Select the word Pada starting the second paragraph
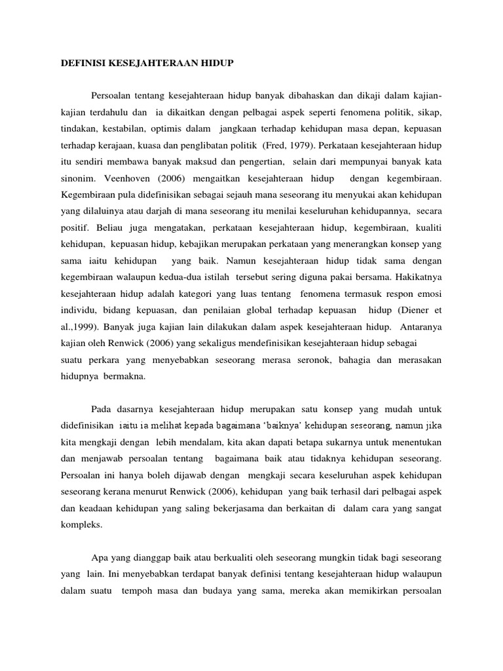coord(102,412)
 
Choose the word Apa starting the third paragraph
coord(99,558)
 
